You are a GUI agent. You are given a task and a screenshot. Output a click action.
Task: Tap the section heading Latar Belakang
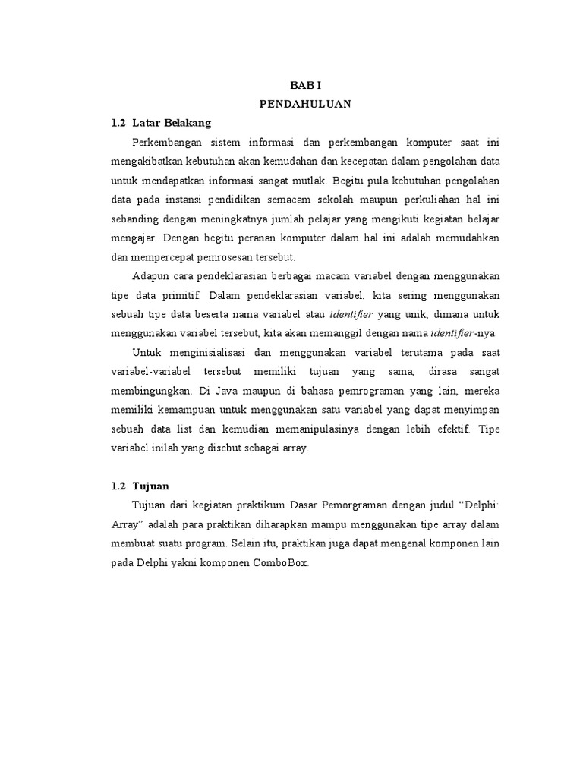point(172,122)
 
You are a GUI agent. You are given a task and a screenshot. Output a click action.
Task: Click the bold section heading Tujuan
point(150,485)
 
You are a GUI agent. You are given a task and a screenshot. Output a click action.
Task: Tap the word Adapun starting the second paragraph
point(150,275)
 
